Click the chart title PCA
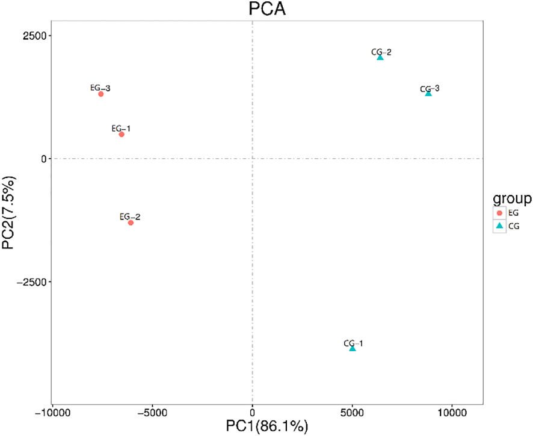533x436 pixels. coord(267,9)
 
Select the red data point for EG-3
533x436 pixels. coord(101,94)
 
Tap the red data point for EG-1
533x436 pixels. coord(122,134)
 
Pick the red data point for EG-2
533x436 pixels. coord(131,223)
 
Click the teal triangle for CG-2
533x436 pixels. coord(380,58)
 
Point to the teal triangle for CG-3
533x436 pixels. coord(428,94)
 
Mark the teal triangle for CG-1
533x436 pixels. coord(353,348)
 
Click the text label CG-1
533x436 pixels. coord(353,343)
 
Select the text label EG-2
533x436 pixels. coord(130,216)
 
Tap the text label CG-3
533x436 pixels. coord(430,88)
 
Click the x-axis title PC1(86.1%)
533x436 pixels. coord(267,426)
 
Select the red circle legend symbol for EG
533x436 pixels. coord(499,213)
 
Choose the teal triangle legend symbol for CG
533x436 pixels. coord(499,226)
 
